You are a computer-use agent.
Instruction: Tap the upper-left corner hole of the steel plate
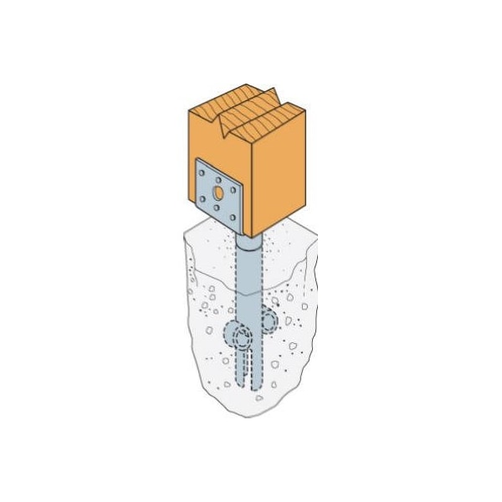(203, 172)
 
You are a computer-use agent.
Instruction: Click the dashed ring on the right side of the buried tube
(269, 319)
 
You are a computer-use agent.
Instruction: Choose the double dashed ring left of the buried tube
(239, 338)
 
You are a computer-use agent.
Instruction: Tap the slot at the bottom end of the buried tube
(251, 368)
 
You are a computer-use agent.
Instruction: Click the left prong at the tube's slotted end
(243, 368)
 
